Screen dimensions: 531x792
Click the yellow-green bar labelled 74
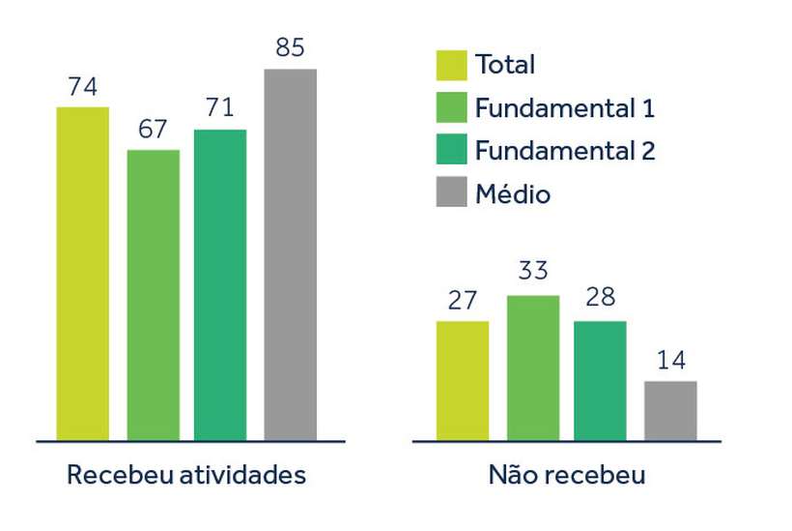pos(82,274)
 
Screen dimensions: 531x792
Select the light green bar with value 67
pos(153,295)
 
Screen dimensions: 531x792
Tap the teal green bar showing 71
pos(220,285)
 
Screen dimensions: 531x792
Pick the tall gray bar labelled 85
pos(291,254)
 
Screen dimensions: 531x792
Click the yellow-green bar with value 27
pos(462,381)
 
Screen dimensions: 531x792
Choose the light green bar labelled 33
pos(533,368)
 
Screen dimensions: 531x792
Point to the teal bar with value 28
pos(600,381)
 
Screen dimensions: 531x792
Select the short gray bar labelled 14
pos(670,411)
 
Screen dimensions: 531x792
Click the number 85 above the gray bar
pos(291,47)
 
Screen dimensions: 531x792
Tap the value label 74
pos(82,86)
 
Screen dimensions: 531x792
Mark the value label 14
pos(670,360)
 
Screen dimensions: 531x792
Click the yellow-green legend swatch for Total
pos(451,65)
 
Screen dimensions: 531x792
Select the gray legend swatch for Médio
pos(451,193)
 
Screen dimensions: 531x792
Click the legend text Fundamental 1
pos(564,107)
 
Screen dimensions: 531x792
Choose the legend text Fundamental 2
pos(564,151)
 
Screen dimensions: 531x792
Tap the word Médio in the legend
pos(512,193)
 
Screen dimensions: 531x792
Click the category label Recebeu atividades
pos(185,475)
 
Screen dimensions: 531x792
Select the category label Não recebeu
pos(567,475)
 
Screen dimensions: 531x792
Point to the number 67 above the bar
pos(153,130)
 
